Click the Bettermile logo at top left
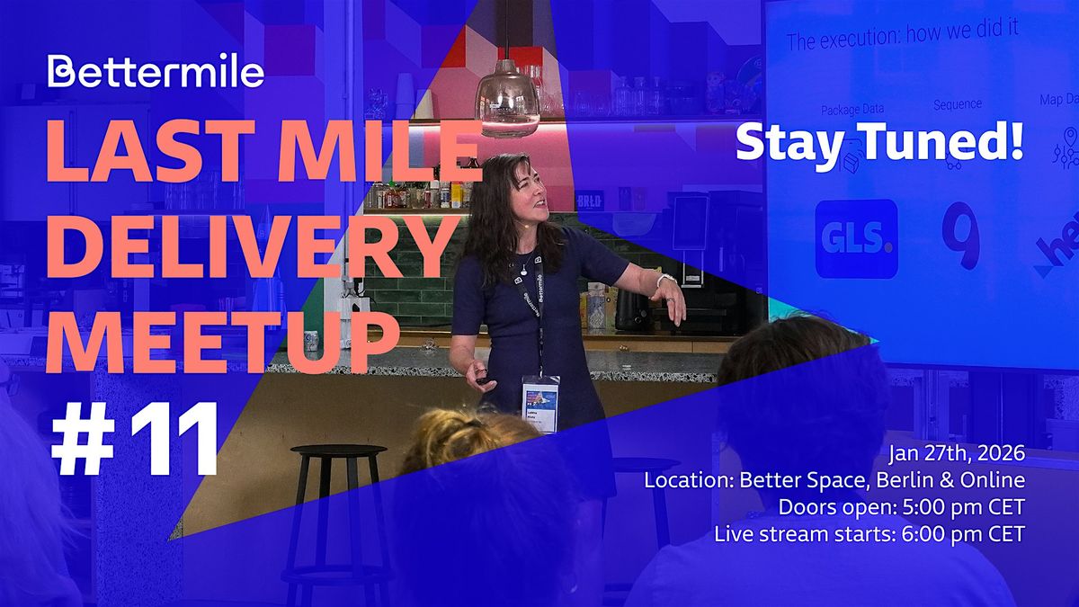pos(156,70)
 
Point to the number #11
pos(136,442)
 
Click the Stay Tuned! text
pos(879,143)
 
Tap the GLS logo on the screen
pos(856,238)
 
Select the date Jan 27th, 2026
pos(952,454)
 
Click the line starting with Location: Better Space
pos(834,480)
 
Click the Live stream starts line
pos(869,533)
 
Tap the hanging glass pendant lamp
pos(508,100)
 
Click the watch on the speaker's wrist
pos(662,281)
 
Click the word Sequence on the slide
pos(957,104)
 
